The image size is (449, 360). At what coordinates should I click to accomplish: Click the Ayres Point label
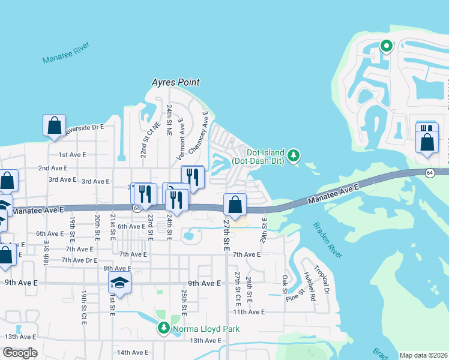pos(175,82)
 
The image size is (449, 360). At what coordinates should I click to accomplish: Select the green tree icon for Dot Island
pos(293,156)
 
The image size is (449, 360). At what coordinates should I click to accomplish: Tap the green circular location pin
pos(386,46)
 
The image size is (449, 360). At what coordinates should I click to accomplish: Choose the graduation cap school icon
pos(119,282)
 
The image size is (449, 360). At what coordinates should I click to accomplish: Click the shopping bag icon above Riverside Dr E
pos(54,125)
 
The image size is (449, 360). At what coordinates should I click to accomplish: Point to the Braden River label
pos(327,239)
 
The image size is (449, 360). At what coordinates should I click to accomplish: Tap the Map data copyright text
pos(423,355)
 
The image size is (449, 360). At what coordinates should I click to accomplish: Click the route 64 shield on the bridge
pos(430,173)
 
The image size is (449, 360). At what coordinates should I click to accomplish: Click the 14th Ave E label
pos(132,352)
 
